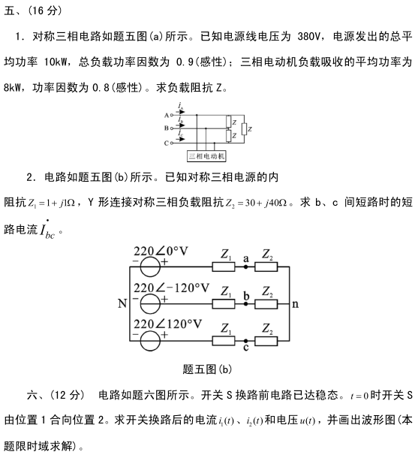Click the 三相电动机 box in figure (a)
[x=206, y=156]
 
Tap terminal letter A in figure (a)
[x=167, y=116]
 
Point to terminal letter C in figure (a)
[x=167, y=143]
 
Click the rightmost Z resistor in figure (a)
[x=245, y=129]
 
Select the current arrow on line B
[x=181, y=125]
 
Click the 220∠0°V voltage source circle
[x=150, y=267]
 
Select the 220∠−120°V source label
[x=171, y=288]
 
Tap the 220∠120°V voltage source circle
[x=150, y=341]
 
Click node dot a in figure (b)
[x=246, y=267]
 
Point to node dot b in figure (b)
[x=246, y=304]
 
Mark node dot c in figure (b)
[x=246, y=341]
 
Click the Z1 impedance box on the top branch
[x=224, y=267]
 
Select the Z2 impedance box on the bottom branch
[x=266, y=341]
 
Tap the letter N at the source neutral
[x=122, y=303]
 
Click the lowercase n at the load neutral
[x=295, y=304]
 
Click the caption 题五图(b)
[x=207, y=369]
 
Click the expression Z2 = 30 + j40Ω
[x=256, y=203]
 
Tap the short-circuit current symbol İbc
[x=47, y=230]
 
